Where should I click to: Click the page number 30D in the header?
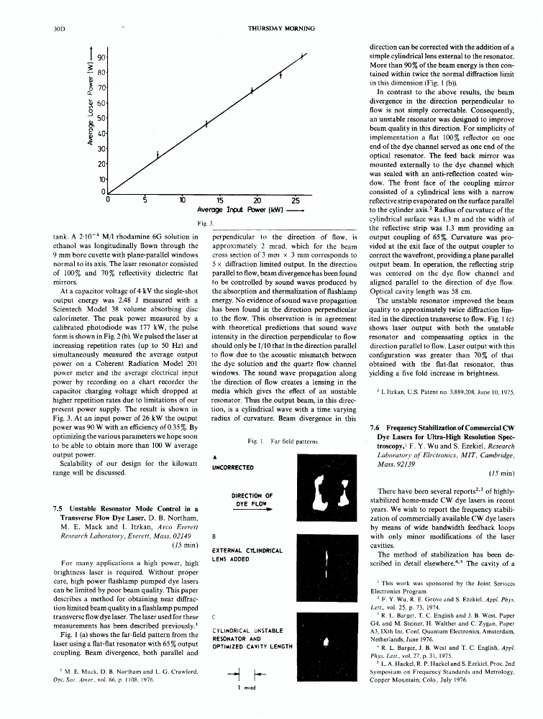click(60, 29)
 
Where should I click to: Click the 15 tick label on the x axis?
click(220, 201)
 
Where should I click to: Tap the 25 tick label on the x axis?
click(296, 201)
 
